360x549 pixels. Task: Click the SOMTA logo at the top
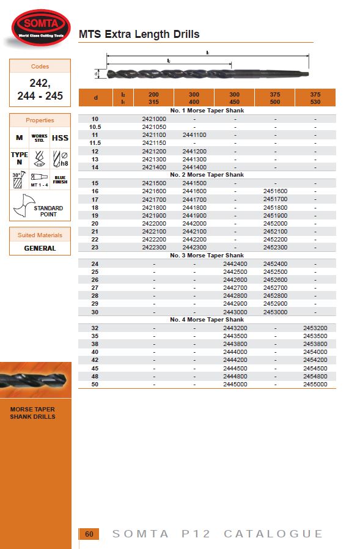click(41, 25)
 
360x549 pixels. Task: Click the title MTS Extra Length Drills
click(139, 34)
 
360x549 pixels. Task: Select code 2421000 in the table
click(153, 119)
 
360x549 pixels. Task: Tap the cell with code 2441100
click(194, 134)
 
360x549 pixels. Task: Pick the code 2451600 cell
click(274, 191)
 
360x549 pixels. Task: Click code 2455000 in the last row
click(315, 385)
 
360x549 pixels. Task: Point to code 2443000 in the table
click(235, 312)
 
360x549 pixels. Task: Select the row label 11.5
click(95, 142)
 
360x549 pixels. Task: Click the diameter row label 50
click(95, 385)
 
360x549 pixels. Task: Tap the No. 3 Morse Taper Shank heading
click(207, 256)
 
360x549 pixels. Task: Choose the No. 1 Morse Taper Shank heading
click(207, 111)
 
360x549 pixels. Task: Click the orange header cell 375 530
click(315, 98)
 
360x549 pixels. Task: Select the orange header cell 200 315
click(153, 98)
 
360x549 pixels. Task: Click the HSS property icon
click(60, 138)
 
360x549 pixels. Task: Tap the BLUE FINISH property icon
click(60, 179)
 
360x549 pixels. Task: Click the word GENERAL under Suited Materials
click(40, 248)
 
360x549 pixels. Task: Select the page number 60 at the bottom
click(89, 534)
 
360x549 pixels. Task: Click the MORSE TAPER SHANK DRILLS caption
click(32, 413)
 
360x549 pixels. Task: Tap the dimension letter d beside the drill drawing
click(97, 73)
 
